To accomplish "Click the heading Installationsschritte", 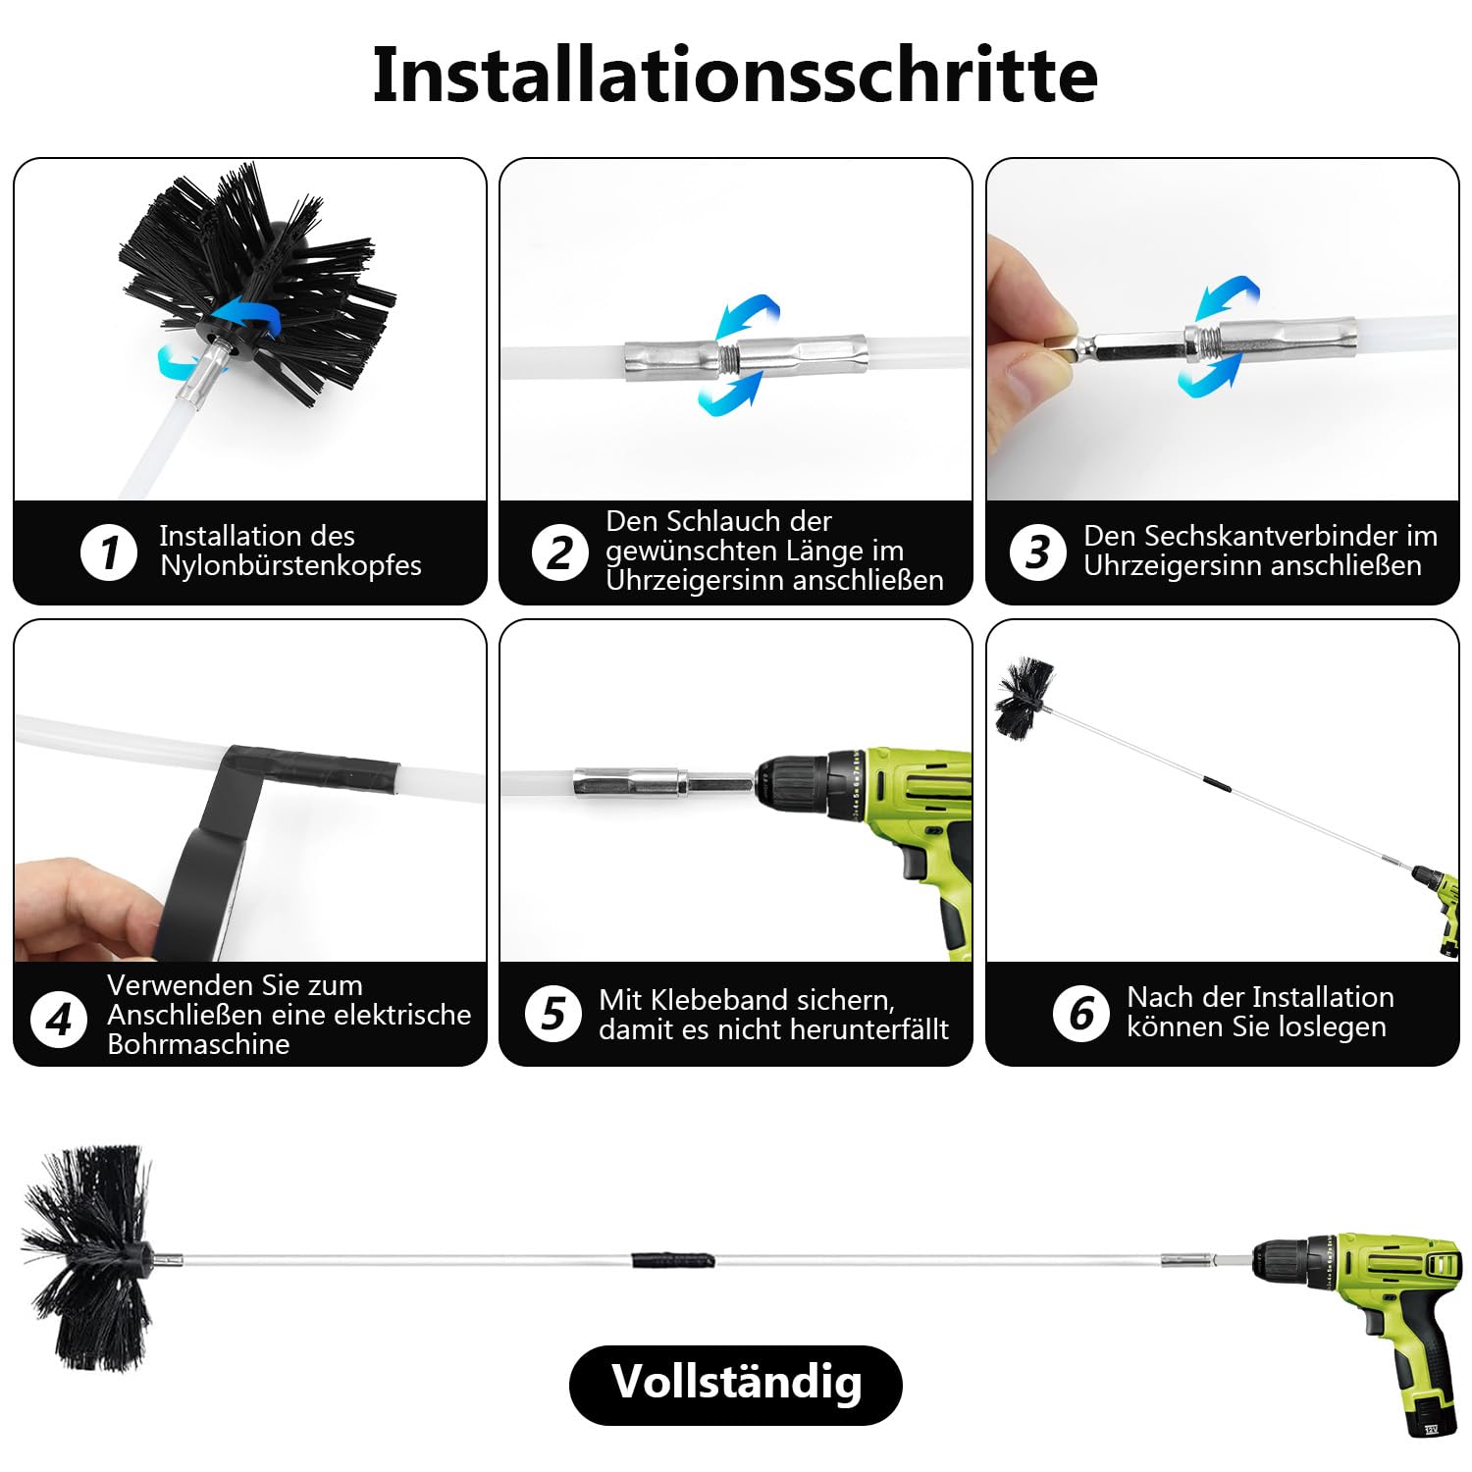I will coord(735,76).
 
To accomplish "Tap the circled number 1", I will coord(108,552).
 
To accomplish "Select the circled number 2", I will coord(559,552).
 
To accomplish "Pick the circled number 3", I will coord(1037,552).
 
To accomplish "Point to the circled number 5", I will coord(553,1013).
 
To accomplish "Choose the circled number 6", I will coord(1080,1013).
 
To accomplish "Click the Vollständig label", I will coord(736,1383).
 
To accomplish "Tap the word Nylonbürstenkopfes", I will coord(290,566).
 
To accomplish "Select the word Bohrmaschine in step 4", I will coord(198,1044).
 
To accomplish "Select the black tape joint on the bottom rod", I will coord(673,1260).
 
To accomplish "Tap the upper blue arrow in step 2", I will coord(748,314).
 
